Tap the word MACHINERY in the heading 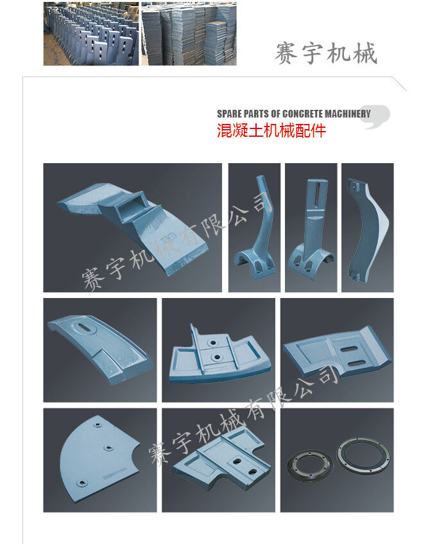tap(347, 114)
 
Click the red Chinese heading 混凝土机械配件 tap(271, 131)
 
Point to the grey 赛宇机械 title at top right tap(325, 54)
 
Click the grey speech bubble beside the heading tap(376, 116)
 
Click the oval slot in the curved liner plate tap(84, 328)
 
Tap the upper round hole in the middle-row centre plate tap(212, 343)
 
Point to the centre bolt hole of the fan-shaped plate tap(108, 448)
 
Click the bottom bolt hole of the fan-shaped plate tap(82, 483)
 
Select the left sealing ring tap(310, 466)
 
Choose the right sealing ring tap(364, 455)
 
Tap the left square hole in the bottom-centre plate tap(237, 462)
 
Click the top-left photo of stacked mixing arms tap(91, 33)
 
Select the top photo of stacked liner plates tap(189, 33)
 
